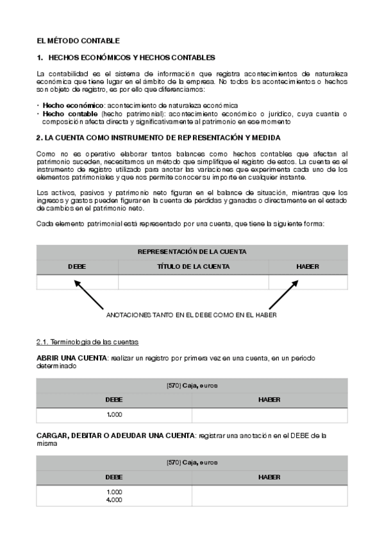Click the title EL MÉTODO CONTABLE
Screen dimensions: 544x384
[78, 41]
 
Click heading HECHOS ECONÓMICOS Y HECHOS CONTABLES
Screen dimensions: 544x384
[131, 58]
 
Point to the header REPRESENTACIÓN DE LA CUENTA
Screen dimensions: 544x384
[192, 252]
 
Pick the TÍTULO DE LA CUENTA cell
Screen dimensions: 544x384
[193, 266]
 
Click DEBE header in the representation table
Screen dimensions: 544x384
[77, 266]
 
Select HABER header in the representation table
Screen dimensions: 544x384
[308, 266]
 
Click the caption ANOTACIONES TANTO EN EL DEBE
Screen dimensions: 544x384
[191, 316]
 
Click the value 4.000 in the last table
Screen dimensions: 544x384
[114, 499]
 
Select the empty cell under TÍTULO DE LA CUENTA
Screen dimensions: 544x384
[193, 282]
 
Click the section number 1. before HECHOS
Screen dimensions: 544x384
[40, 58]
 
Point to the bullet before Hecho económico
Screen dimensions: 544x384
[38, 105]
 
